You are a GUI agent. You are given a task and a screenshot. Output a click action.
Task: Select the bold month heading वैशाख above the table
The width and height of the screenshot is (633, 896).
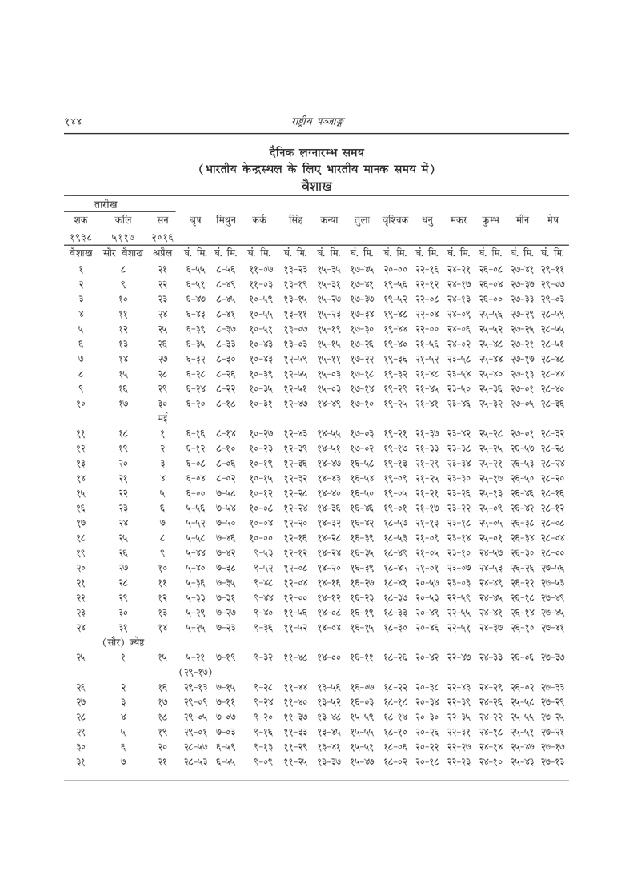(316, 184)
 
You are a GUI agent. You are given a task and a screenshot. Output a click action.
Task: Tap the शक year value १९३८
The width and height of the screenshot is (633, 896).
(81, 236)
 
